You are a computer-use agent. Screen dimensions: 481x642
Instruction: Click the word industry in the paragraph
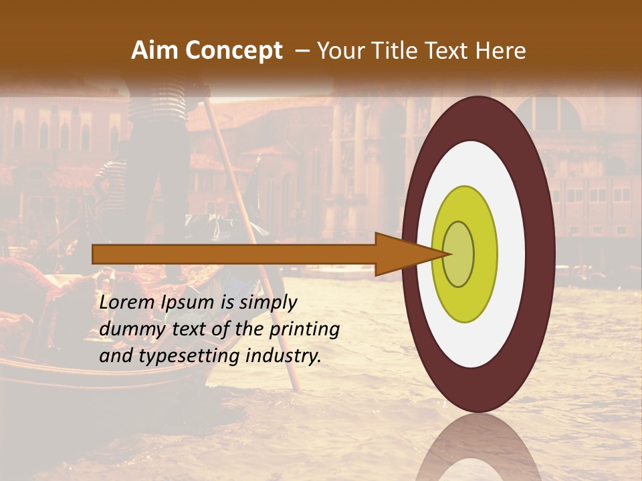point(284,356)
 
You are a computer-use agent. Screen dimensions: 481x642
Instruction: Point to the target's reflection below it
point(478,448)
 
